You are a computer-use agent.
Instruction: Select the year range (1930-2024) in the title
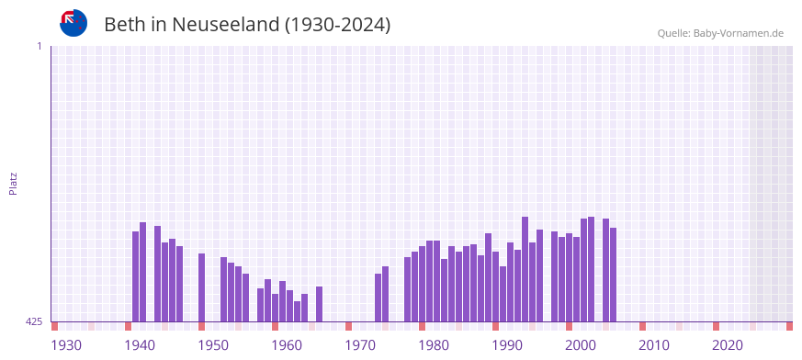point(337,25)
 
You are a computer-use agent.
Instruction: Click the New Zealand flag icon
point(73,23)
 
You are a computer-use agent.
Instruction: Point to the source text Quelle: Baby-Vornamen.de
point(720,33)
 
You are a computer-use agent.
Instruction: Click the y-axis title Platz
point(13,183)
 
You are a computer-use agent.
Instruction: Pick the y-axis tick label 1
point(40,46)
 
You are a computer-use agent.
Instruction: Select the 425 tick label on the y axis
point(34,321)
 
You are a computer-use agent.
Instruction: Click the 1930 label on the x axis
point(66,345)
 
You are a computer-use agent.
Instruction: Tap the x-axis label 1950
point(213,345)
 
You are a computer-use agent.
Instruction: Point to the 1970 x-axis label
point(360,345)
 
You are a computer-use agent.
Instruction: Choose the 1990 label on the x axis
point(507,345)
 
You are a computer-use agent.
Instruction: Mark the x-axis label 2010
point(654,345)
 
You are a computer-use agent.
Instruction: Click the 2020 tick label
point(728,345)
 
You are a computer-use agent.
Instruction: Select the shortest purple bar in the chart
point(298,311)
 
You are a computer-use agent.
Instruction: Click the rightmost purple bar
point(614,275)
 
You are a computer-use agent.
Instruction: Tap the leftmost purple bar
point(136,276)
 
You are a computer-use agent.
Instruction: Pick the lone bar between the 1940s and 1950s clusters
point(202,287)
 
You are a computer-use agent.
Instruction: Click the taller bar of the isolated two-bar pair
point(386,294)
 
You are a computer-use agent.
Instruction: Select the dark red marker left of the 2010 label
point(643,326)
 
